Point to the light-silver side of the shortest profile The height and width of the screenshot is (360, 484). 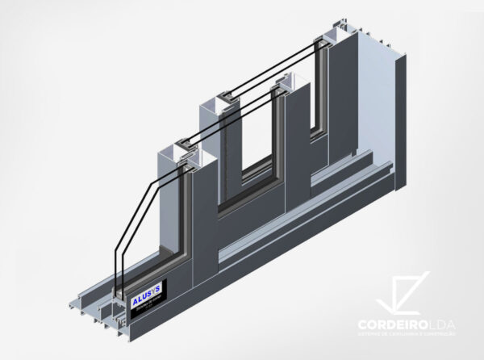(168, 202)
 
